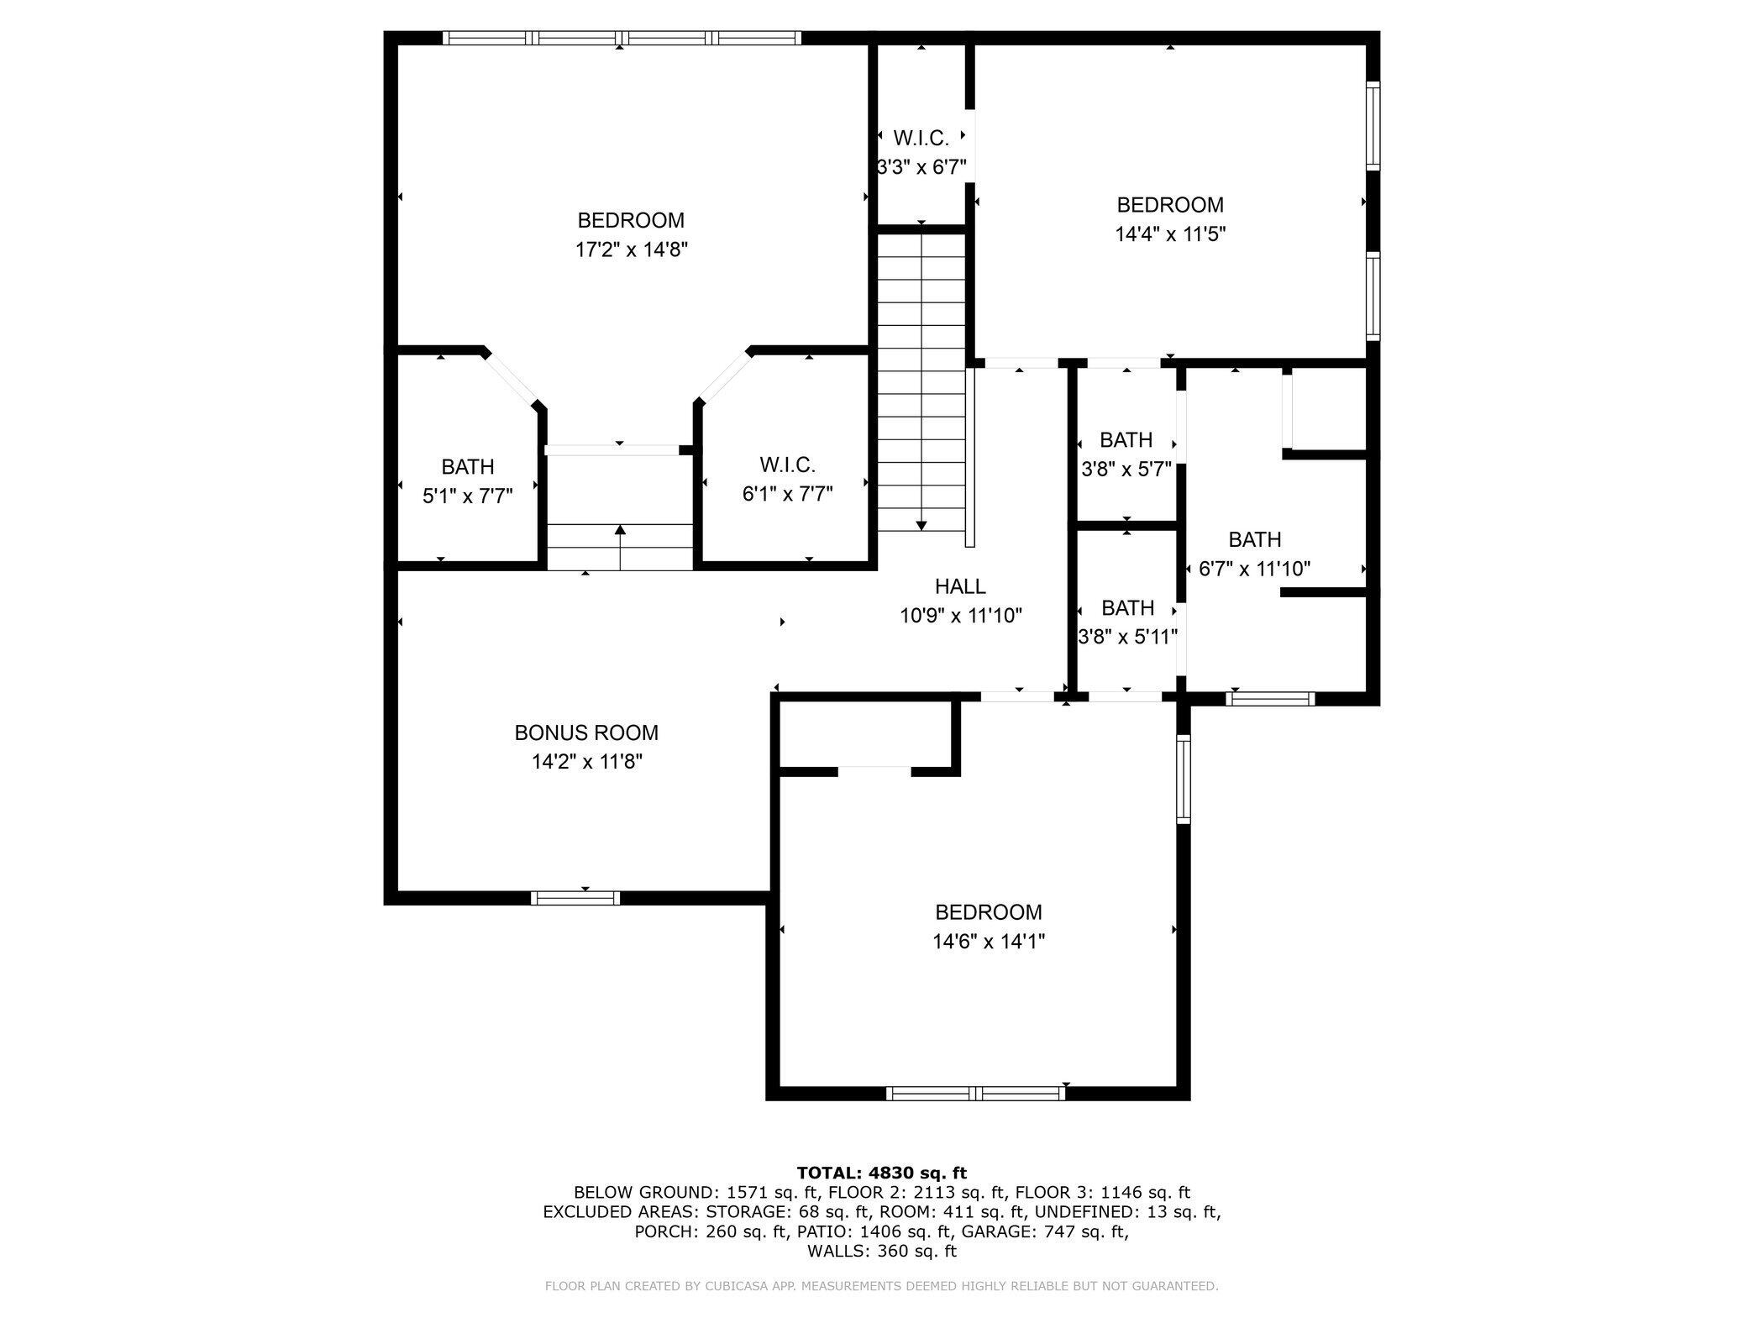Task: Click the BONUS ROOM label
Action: pos(586,732)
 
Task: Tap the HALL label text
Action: pos(960,586)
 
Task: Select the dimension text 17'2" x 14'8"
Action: pos(632,249)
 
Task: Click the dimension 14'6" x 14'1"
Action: pos(989,942)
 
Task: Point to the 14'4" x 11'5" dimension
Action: pos(1170,234)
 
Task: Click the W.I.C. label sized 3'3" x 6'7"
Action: pos(921,138)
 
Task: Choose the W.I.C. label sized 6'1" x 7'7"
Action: pos(787,465)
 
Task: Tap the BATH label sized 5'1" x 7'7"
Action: pos(468,467)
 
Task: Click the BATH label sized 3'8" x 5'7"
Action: pos(1126,440)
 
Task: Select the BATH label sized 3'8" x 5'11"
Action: pos(1127,607)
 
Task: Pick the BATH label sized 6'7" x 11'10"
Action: pos(1254,539)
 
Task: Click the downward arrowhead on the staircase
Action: pos(921,526)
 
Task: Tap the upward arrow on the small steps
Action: pos(620,531)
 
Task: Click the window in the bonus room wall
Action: pos(575,898)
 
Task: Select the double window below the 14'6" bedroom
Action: pos(975,1093)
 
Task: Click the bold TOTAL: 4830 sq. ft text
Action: pos(881,1173)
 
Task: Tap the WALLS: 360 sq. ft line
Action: pos(881,1251)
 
